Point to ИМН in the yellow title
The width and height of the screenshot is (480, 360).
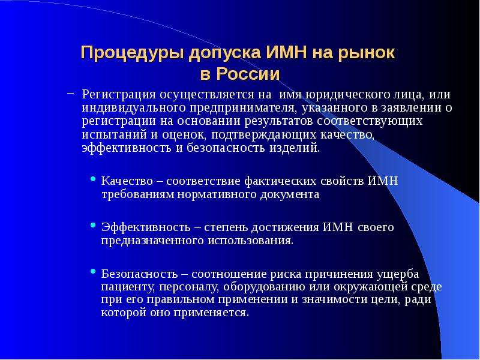point(286,52)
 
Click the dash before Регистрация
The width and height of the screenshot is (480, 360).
point(70,92)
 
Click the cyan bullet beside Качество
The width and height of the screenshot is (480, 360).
point(94,178)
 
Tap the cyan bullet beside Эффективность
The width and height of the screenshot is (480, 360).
point(94,225)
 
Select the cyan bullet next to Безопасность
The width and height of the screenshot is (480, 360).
point(94,271)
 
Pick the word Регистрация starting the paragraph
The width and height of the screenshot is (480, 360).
point(119,95)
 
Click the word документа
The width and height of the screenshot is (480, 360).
point(290,194)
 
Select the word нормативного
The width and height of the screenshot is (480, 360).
point(218,194)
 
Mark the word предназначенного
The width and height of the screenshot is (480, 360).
point(152,241)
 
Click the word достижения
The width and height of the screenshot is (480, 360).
point(286,227)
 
